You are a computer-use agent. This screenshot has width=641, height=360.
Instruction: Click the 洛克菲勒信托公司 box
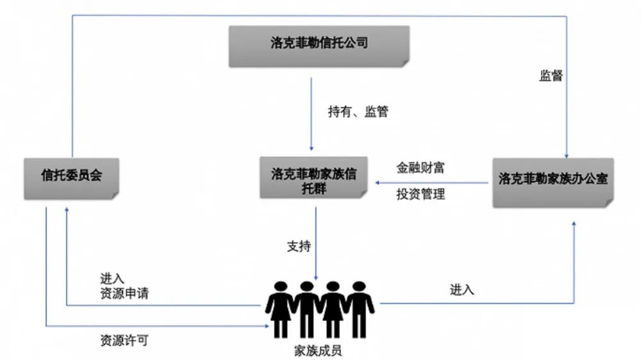(x=319, y=45)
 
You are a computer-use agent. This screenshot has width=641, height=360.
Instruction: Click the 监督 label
(x=551, y=75)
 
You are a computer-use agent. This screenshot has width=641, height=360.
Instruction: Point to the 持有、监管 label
(x=358, y=111)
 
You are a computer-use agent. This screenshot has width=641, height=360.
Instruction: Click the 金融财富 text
(x=420, y=168)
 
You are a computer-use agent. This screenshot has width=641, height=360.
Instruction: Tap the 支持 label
(x=299, y=245)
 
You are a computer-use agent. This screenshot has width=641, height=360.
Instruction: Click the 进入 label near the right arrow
(x=462, y=290)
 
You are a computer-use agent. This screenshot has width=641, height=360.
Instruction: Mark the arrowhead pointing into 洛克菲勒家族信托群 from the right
(x=378, y=183)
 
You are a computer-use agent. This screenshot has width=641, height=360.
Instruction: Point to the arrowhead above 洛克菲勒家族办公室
(x=567, y=154)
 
